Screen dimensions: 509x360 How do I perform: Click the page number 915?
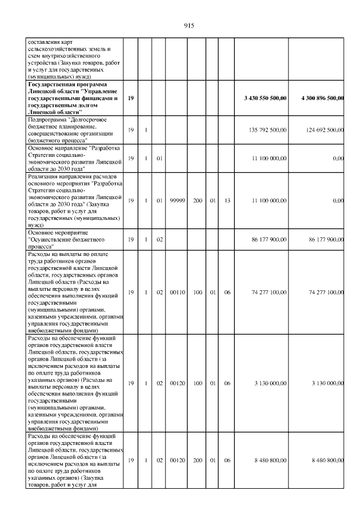click(x=188, y=26)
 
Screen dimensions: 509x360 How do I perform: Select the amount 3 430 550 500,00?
click(x=266, y=98)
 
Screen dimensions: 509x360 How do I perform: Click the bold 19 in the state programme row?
click(x=130, y=98)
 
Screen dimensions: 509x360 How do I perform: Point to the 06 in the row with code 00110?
click(x=227, y=292)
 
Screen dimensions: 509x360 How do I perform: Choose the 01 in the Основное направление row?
click(x=159, y=158)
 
